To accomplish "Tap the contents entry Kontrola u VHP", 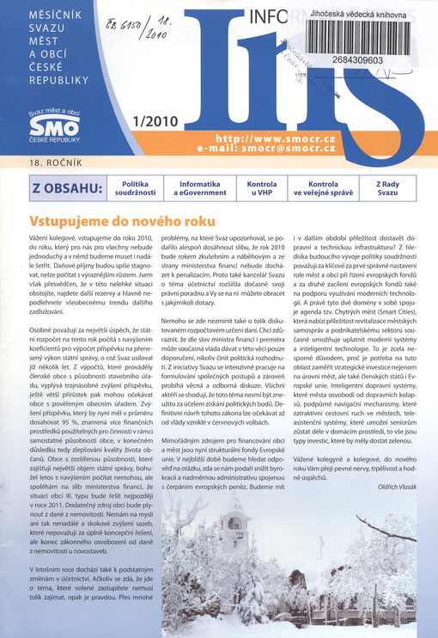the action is pyautogui.click(x=261, y=188).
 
